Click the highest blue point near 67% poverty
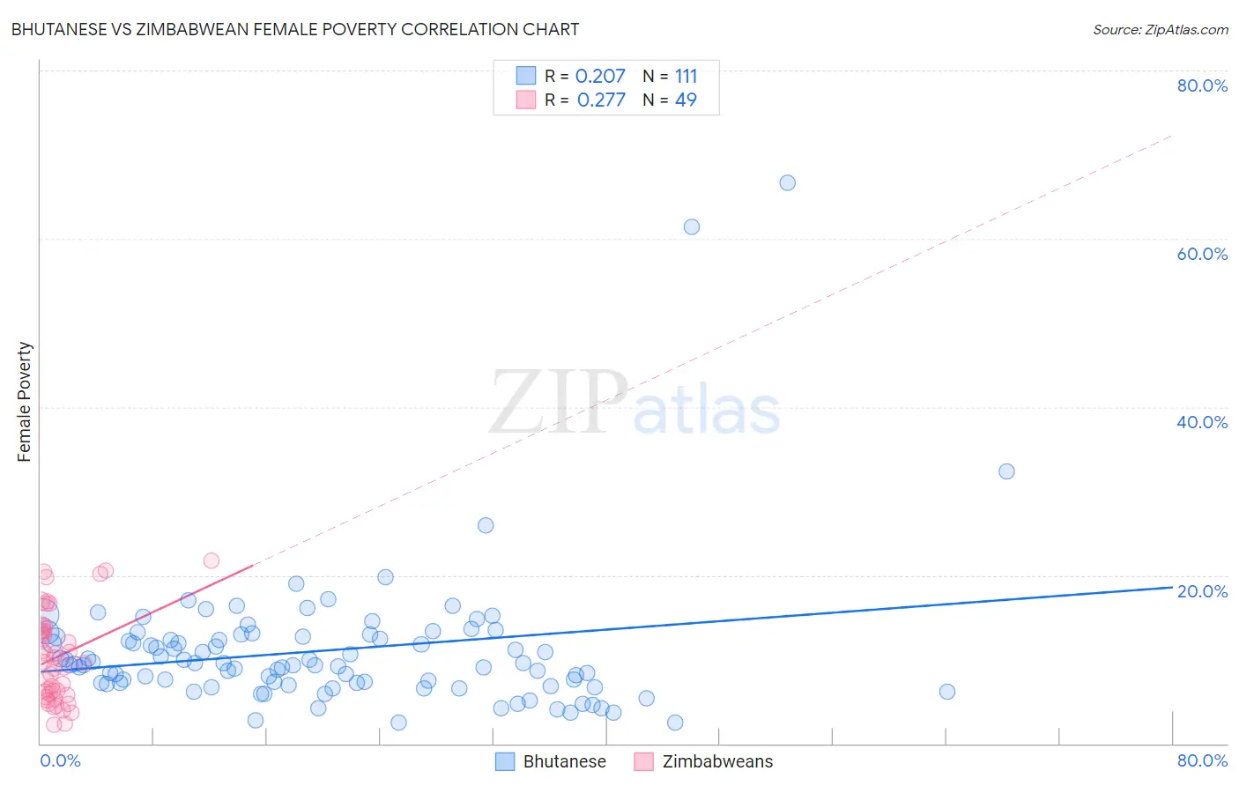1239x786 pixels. [x=787, y=182]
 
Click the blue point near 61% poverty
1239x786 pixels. [x=692, y=226]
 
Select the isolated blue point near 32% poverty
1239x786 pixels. [x=1006, y=471]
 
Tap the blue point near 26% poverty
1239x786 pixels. [x=486, y=525]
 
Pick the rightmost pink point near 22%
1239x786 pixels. [x=211, y=560]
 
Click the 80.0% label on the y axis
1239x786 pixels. [x=1202, y=85]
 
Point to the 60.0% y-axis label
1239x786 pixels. [x=1202, y=254]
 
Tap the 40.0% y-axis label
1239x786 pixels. [x=1202, y=422]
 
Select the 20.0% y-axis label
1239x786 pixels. [x=1202, y=591]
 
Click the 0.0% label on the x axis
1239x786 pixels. [x=60, y=760]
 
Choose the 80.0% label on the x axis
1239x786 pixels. [x=1202, y=760]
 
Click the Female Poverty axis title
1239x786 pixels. [x=24, y=402]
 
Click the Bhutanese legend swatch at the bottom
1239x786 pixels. [x=505, y=761]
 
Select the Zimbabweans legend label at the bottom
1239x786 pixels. [x=717, y=761]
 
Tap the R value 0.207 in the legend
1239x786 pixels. [x=600, y=76]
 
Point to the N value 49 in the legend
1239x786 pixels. [x=686, y=100]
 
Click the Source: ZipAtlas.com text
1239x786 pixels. [x=1160, y=29]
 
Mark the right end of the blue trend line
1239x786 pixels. [x=1172, y=587]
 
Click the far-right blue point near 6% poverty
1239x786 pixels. [x=947, y=692]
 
